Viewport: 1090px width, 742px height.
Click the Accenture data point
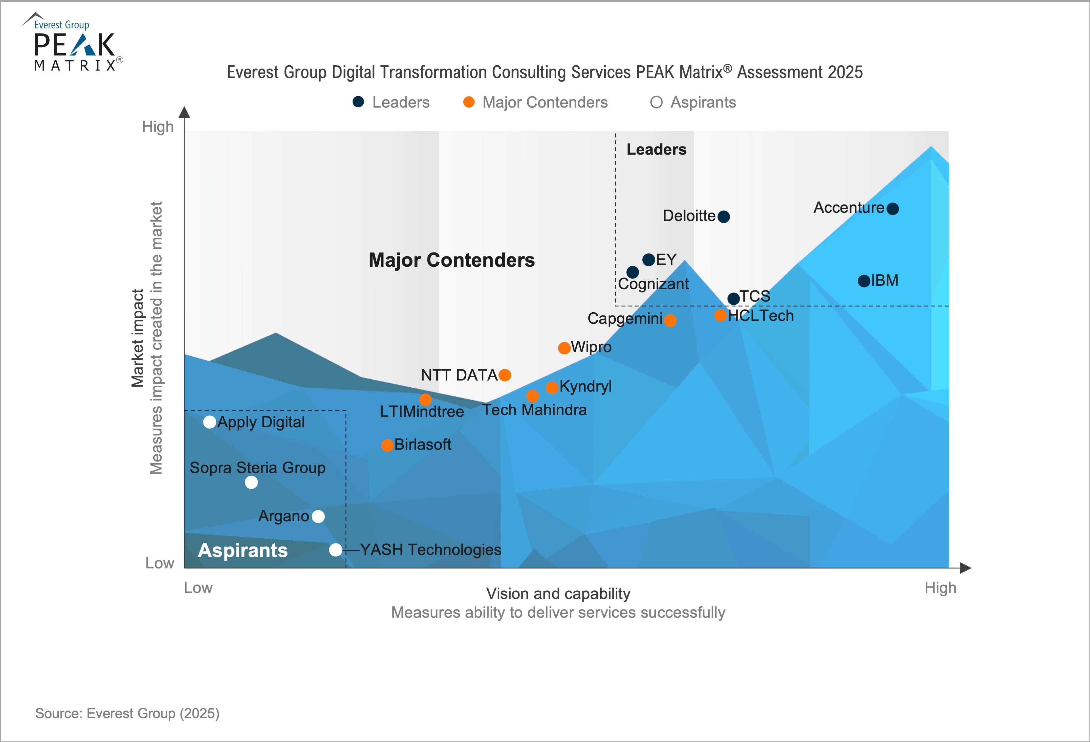(x=892, y=208)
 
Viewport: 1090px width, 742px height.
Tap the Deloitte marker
(x=724, y=216)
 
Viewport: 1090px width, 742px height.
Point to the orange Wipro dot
(x=564, y=348)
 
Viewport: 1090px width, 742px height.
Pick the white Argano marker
(x=318, y=516)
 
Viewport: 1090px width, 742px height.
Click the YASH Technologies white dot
(x=336, y=549)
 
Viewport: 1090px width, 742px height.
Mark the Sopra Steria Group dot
(x=251, y=482)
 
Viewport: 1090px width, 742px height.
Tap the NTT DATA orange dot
(x=505, y=375)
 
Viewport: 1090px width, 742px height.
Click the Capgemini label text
(x=625, y=319)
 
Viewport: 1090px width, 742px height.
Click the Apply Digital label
(x=261, y=422)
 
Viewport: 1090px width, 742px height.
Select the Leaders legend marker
(x=358, y=102)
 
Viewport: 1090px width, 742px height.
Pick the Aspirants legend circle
(x=656, y=102)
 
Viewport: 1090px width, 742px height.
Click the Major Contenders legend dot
(x=469, y=102)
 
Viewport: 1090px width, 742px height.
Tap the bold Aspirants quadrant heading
(x=242, y=550)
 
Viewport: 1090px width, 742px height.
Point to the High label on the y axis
(x=158, y=127)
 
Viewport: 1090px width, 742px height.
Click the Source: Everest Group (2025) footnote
(x=127, y=713)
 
